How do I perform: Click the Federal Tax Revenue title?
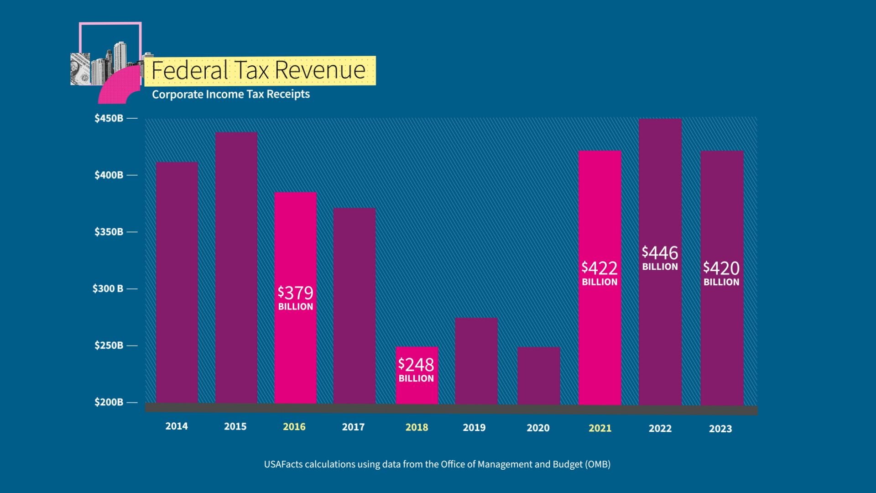click(258, 70)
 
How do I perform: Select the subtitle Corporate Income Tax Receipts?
click(230, 94)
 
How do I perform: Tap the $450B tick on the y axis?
click(109, 118)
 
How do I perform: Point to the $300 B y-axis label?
click(108, 288)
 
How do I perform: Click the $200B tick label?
click(109, 402)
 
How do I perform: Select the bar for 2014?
click(177, 283)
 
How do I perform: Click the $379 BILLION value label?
click(295, 298)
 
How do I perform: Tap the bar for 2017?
click(354, 306)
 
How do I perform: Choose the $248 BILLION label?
click(416, 369)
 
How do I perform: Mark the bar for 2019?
click(476, 361)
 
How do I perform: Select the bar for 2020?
click(538, 375)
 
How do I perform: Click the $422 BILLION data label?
click(600, 273)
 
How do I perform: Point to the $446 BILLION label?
click(660, 258)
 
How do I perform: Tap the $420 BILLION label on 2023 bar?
click(721, 273)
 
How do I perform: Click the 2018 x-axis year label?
click(417, 427)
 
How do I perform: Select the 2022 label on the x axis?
click(660, 428)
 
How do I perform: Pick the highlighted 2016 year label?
click(294, 427)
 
